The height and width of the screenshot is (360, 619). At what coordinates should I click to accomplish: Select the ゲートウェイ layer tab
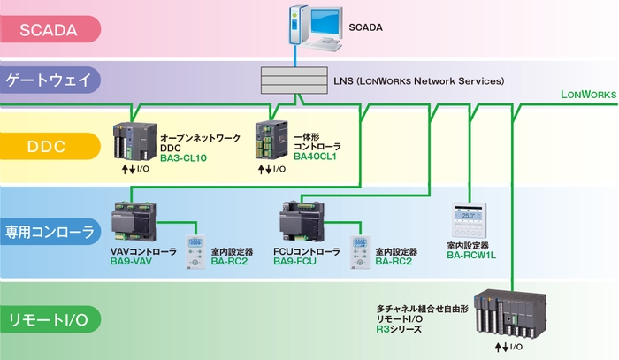[49, 80]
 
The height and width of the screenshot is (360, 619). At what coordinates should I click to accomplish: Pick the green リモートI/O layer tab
[49, 318]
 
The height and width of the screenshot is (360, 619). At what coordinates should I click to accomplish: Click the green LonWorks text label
[588, 94]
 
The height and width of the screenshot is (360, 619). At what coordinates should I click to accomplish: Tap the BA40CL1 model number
[316, 156]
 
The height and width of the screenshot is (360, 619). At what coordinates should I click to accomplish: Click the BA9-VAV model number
[132, 262]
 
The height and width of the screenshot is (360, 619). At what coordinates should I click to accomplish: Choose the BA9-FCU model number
[294, 262]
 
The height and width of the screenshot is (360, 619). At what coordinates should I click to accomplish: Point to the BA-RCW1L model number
[471, 254]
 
